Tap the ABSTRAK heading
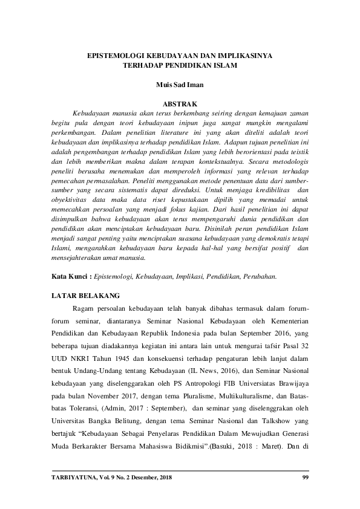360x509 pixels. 179,103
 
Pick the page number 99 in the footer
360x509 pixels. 305,479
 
